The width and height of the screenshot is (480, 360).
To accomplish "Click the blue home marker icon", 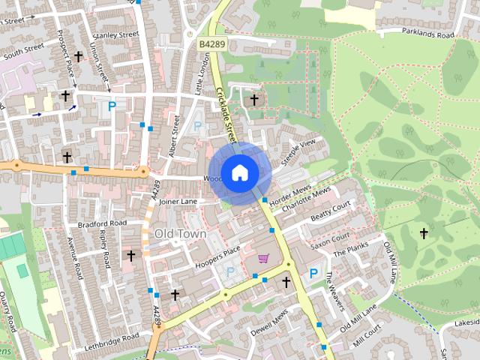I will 239,172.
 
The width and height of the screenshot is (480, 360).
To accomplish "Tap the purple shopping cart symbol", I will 263,259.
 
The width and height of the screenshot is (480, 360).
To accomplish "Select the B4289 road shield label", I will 211,45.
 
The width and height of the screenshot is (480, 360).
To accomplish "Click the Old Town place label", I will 180,233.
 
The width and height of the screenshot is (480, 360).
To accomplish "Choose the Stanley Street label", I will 115,35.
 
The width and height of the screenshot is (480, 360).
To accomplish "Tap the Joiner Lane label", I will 178,202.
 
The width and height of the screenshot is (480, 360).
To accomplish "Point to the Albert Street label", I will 174,132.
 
